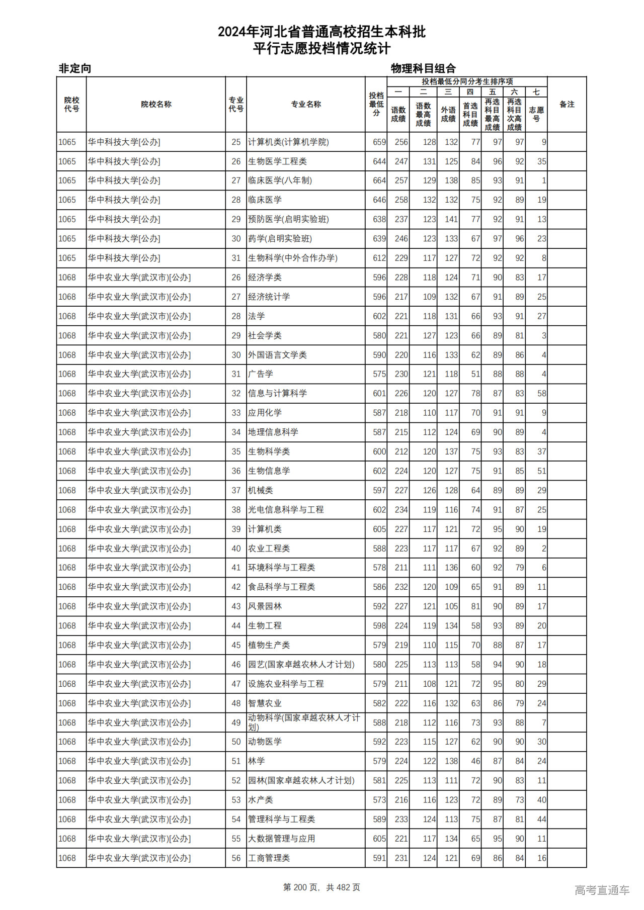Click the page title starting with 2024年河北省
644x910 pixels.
pyautogui.click(x=321, y=32)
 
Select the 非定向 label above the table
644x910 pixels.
pyautogui.click(x=75, y=68)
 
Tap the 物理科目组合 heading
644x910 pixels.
pyautogui.click(x=423, y=68)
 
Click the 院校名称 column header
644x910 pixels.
pyautogui.click(x=156, y=105)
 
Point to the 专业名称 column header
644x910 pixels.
pyautogui.click(x=306, y=105)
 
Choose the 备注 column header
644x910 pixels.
pyautogui.click(x=567, y=105)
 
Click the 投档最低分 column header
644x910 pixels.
pyautogui.click(x=376, y=104)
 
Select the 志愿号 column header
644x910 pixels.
pyautogui.click(x=536, y=114)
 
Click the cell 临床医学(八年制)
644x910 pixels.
pyautogui.click(x=280, y=180)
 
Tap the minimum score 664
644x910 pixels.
pyautogui.click(x=379, y=180)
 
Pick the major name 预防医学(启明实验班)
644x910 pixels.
pyautogui.click(x=288, y=219)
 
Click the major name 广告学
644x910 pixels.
pyautogui.click(x=261, y=374)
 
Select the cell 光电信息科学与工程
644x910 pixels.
pyautogui.click(x=286, y=510)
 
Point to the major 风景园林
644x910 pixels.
pyautogui.click(x=265, y=606)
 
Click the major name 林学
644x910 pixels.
pyautogui.click(x=256, y=761)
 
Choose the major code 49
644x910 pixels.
pyautogui.click(x=236, y=722)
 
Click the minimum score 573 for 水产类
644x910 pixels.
pyautogui.click(x=379, y=800)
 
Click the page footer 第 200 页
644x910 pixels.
pyautogui.click(x=321, y=887)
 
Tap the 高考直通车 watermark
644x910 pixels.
pyautogui.click(x=602, y=890)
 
